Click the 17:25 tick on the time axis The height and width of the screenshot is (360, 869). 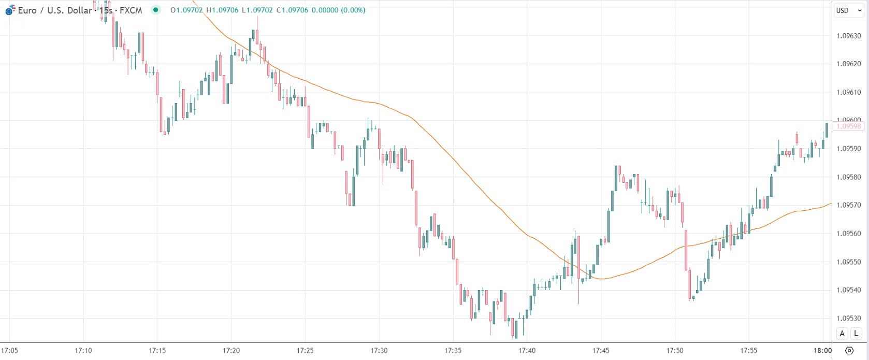coord(305,351)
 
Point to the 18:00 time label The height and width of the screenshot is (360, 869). coord(822,351)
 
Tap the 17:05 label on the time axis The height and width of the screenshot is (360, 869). coord(10,351)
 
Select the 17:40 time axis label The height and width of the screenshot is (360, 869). coord(527,351)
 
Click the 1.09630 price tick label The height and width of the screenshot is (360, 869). coord(849,36)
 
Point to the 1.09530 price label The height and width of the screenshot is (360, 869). coord(849,319)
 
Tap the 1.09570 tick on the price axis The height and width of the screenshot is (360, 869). coord(849,205)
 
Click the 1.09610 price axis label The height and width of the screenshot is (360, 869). coord(849,92)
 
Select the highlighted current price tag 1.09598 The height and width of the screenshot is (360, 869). coord(848,126)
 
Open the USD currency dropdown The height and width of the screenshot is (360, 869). coord(848,10)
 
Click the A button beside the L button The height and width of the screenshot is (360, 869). coord(842,334)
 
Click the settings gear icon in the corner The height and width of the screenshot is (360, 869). coord(849,351)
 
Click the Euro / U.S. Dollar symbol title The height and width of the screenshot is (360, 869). coord(54,10)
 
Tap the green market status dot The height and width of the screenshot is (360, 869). coord(155,10)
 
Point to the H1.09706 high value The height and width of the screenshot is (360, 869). coord(223,10)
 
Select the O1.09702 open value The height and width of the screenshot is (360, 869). coord(186,10)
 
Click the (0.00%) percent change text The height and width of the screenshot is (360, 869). coord(353,10)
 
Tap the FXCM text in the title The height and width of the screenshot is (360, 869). coord(131,10)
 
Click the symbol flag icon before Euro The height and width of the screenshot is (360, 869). coord(10,10)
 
